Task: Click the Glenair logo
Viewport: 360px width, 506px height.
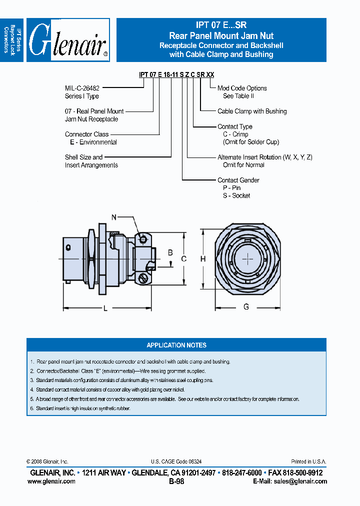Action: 68,40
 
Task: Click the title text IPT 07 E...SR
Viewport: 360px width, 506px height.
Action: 221,25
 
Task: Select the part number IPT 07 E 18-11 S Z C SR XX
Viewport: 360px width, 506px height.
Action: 176,74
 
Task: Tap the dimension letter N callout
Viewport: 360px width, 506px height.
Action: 114,217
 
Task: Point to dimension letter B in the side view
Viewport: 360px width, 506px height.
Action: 170,253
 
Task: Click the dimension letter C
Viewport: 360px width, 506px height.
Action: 184,258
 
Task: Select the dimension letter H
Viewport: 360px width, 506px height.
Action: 203,258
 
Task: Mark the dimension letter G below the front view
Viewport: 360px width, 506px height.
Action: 246,306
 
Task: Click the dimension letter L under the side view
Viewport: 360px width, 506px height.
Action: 105,308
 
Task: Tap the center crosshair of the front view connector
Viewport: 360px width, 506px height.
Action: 248,259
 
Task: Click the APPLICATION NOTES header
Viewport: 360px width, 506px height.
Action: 176,345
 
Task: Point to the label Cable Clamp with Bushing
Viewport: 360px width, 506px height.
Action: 252,111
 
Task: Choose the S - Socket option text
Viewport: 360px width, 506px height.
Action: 236,195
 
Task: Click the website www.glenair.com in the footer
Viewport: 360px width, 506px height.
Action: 51,481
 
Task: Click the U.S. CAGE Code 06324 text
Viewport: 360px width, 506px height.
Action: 176,462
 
